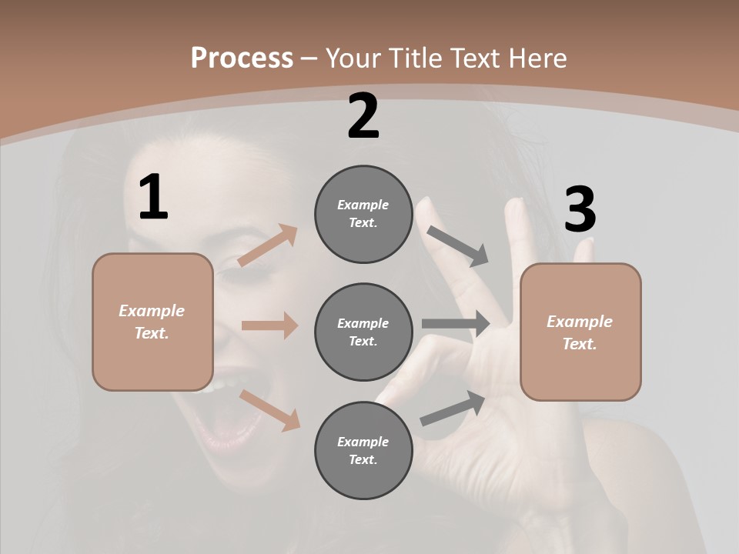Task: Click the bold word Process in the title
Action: (x=242, y=58)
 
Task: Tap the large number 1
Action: (x=153, y=198)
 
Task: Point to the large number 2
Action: (x=363, y=116)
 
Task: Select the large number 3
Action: (x=580, y=210)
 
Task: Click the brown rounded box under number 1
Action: (x=152, y=322)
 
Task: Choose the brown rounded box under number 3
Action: (x=580, y=332)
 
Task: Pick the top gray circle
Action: (x=363, y=214)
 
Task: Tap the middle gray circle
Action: (x=363, y=332)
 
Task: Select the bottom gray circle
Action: (x=363, y=451)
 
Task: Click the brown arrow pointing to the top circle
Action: (x=268, y=245)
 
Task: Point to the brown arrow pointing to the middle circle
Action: (x=269, y=325)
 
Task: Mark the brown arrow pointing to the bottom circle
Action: (x=270, y=410)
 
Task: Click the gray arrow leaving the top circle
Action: (x=458, y=245)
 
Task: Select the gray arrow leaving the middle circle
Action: (x=456, y=324)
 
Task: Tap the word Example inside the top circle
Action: (x=363, y=205)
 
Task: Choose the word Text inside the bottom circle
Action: (x=363, y=459)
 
